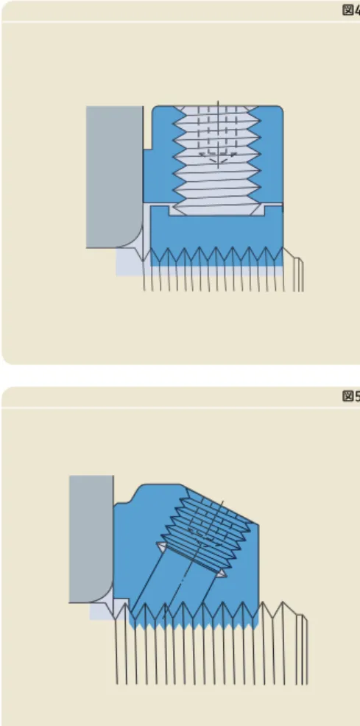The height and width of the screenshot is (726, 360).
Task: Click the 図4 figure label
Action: point(351,10)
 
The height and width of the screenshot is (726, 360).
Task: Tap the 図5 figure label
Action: point(351,396)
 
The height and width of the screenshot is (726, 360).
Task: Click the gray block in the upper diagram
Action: point(114,176)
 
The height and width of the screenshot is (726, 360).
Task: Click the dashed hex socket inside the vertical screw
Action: point(217,134)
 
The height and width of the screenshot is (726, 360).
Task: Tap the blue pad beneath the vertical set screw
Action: point(216,231)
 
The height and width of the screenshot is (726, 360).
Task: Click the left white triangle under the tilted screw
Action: point(162,546)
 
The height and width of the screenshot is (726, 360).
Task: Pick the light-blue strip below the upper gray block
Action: point(133,262)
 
